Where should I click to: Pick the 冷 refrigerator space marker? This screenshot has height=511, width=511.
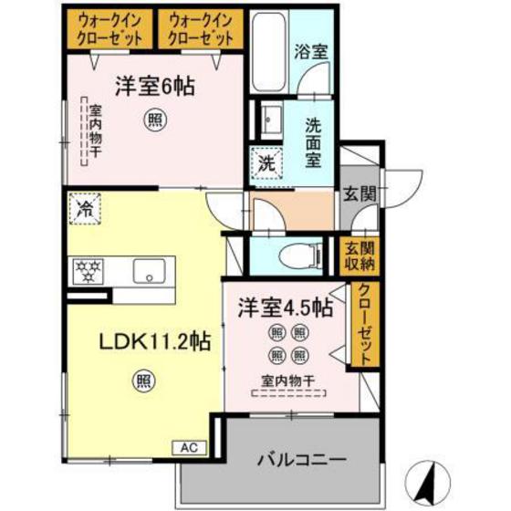(x=86, y=208)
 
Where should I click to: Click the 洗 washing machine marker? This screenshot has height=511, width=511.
(x=267, y=165)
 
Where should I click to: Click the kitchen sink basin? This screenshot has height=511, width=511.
(x=146, y=271)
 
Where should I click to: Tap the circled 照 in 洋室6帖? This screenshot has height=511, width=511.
(x=156, y=119)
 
